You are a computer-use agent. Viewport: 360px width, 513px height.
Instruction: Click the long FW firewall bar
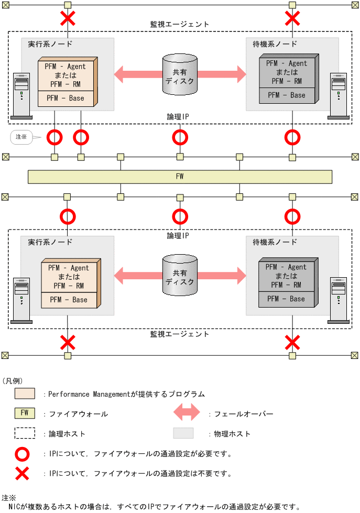[180, 177]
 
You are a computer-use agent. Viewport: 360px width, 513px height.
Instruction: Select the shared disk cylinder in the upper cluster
[180, 74]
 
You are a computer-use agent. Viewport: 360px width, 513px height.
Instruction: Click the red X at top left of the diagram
[67, 19]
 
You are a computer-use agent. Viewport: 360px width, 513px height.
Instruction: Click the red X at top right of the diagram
[292, 19]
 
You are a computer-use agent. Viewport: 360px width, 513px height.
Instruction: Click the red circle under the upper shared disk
[180, 138]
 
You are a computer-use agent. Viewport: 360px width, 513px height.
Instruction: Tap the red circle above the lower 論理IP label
[180, 216]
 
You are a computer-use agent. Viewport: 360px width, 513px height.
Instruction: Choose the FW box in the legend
[25, 413]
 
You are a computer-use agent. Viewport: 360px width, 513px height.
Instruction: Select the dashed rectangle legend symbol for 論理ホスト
[25, 433]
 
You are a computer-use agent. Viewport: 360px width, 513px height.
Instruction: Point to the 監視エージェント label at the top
[179, 24]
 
